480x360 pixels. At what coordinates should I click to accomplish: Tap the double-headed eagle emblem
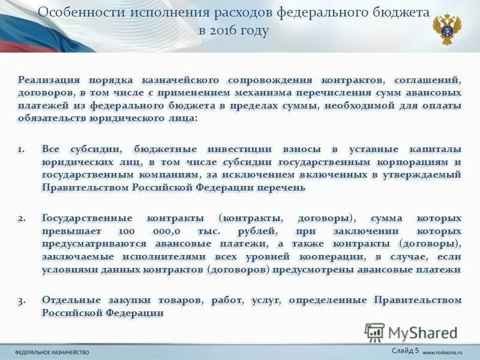pyautogui.click(x=447, y=28)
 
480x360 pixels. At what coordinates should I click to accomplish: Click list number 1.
pyautogui.click(x=22, y=149)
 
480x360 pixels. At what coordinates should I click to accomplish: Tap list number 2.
pyautogui.click(x=22, y=218)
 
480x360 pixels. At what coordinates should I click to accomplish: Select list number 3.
pyautogui.click(x=22, y=299)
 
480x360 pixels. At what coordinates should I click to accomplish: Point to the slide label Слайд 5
pyautogui.click(x=405, y=350)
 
